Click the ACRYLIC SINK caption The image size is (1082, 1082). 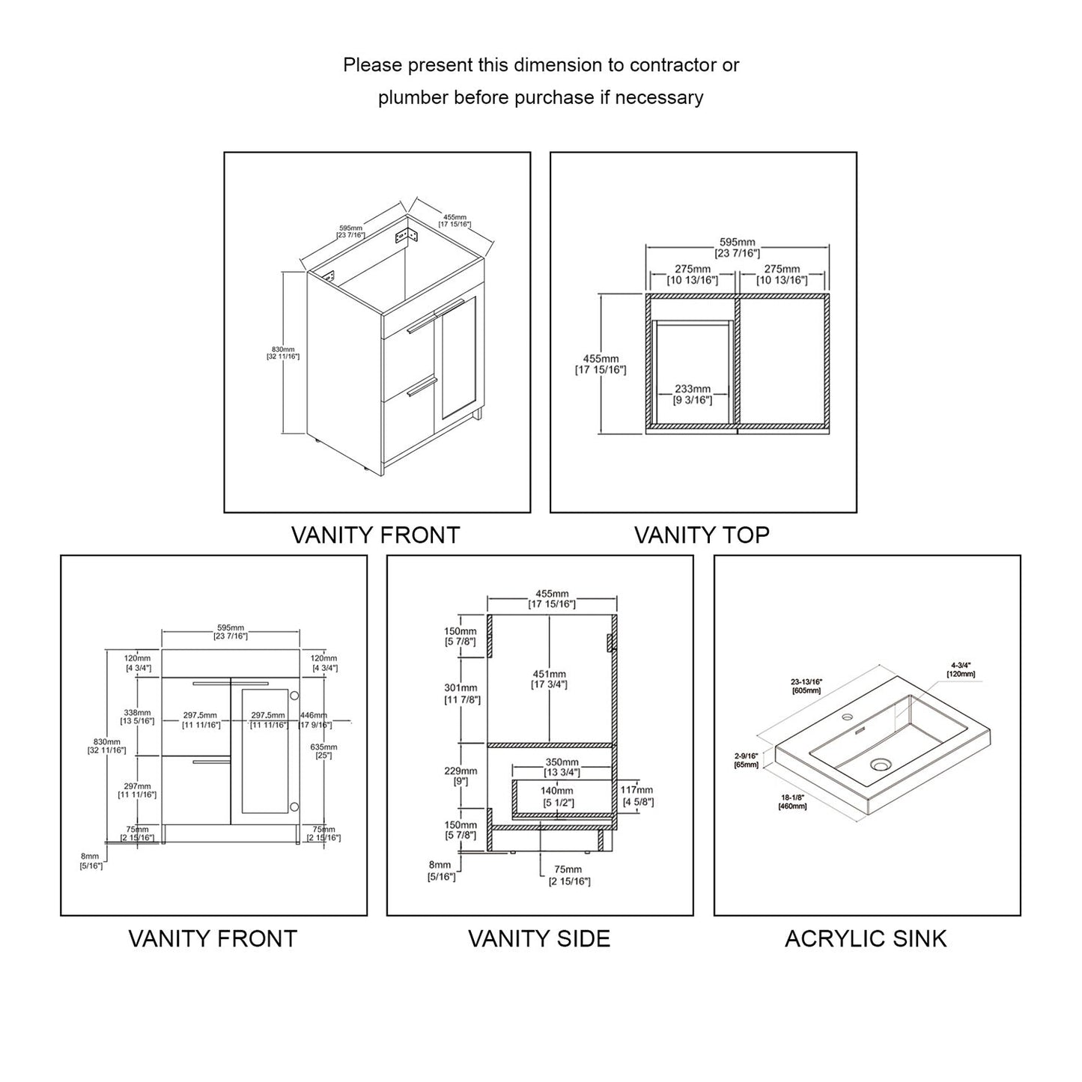(866, 938)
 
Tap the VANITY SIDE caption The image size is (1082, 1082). (539, 938)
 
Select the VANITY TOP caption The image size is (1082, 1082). (702, 535)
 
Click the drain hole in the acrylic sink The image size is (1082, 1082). (881, 765)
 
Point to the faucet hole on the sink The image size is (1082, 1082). (848, 717)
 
